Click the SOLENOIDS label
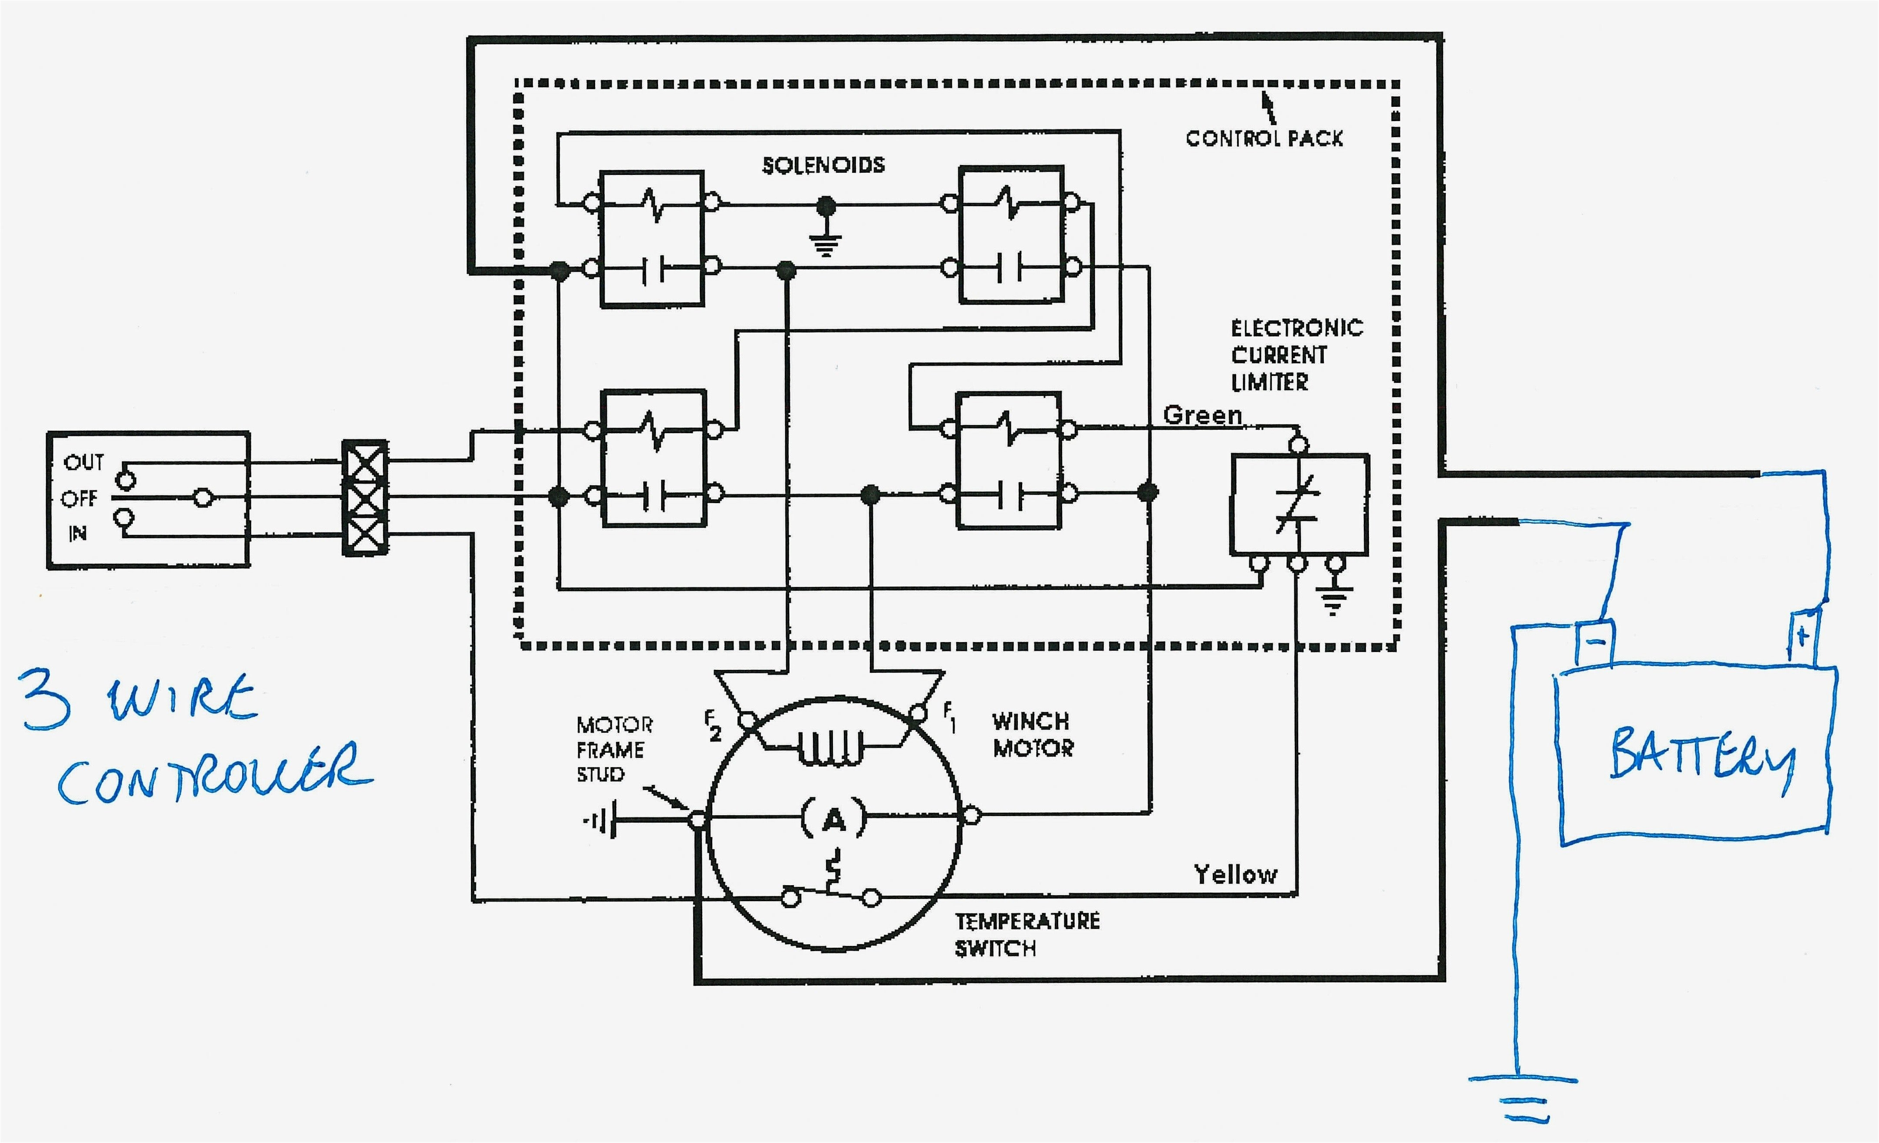coord(823,165)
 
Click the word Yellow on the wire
coord(1234,875)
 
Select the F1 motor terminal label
coord(949,717)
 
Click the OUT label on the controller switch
coord(83,462)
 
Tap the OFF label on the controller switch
coord(79,499)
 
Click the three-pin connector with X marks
coord(365,498)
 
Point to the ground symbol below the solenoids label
coord(825,243)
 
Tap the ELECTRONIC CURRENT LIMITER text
coord(1296,356)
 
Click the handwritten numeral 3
coord(47,700)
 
